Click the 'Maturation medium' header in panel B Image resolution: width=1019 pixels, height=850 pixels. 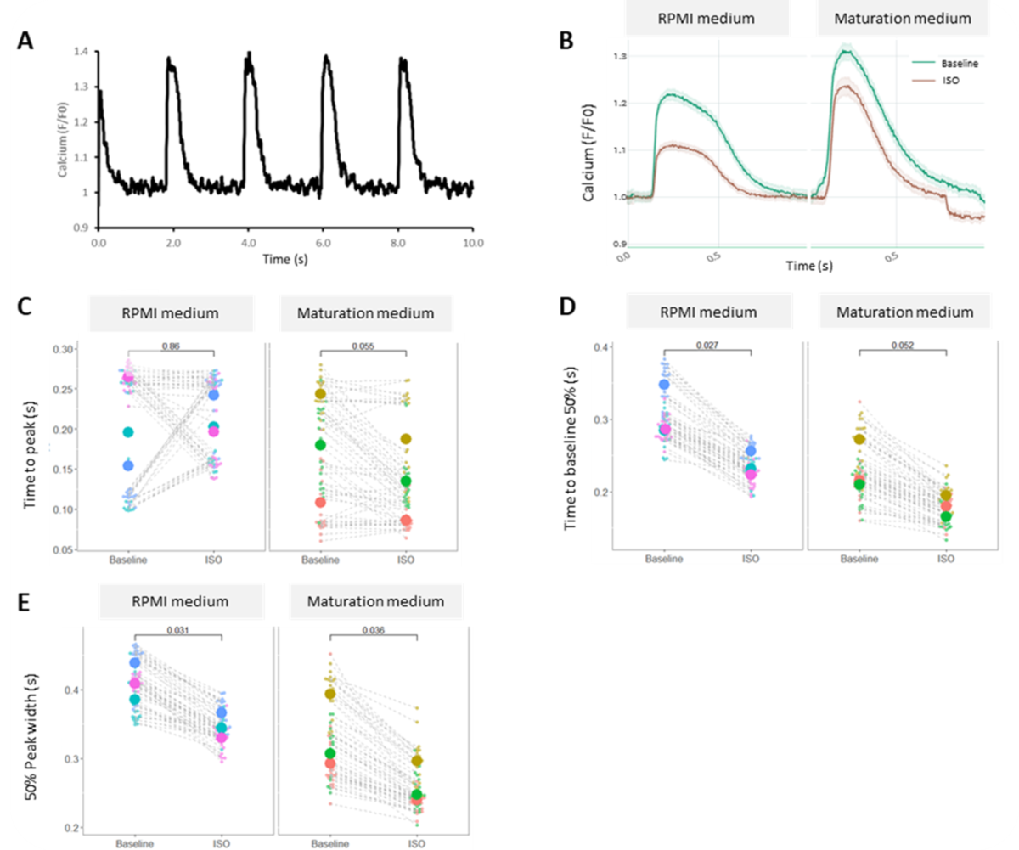(x=901, y=18)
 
